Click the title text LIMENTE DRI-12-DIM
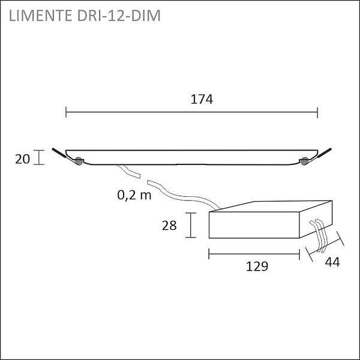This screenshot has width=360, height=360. click(x=85, y=16)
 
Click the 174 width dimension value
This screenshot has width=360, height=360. click(x=202, y=100)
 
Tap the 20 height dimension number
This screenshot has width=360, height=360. click(x=23, y=159)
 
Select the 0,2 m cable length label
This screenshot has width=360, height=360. click(x=134, y=196)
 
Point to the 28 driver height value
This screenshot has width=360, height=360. click(x=169, y=225)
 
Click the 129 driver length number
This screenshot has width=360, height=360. click(x=257, y=266)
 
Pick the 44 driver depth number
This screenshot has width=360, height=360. click(x=332, y=262)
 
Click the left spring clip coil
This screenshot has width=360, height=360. click(x=78, y=161)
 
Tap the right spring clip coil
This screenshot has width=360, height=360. click(x=304, y=161)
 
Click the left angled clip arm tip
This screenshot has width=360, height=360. click(x=53, y=149)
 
